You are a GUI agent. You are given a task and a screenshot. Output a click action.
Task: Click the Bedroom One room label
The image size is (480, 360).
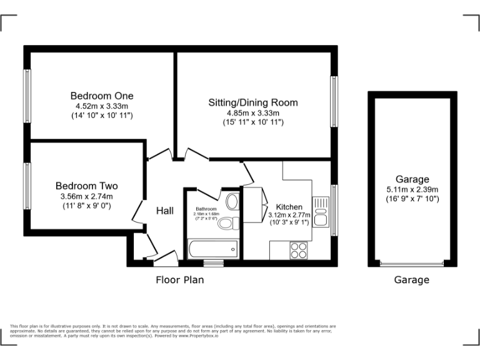(101, 96)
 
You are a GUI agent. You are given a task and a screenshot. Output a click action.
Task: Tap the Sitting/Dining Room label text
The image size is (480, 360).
(253, 102)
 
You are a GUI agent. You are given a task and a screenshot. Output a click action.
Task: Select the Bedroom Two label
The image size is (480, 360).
(86, 186)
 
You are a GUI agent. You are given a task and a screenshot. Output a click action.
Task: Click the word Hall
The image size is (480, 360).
(164, 211)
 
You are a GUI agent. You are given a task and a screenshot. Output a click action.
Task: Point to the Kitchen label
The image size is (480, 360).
(289, 207)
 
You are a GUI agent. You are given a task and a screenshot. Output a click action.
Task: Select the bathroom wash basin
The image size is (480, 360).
(232, 201)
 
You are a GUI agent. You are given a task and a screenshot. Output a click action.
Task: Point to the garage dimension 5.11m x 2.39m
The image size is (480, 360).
(412, 189)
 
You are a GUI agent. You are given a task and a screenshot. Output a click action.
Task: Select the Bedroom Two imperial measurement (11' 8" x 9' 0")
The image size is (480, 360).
(86, 206)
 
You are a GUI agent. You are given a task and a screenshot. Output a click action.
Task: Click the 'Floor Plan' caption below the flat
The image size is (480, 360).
(179, 280)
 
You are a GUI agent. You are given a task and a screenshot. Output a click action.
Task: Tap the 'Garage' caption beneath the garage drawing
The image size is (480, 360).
(411, 280)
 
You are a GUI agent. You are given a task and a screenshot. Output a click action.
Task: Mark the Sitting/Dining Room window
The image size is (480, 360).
(334, 102)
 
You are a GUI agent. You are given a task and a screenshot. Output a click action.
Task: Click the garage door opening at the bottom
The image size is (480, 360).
(412, 264)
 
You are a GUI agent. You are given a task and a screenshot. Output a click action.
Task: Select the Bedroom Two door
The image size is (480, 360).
(137, 212)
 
